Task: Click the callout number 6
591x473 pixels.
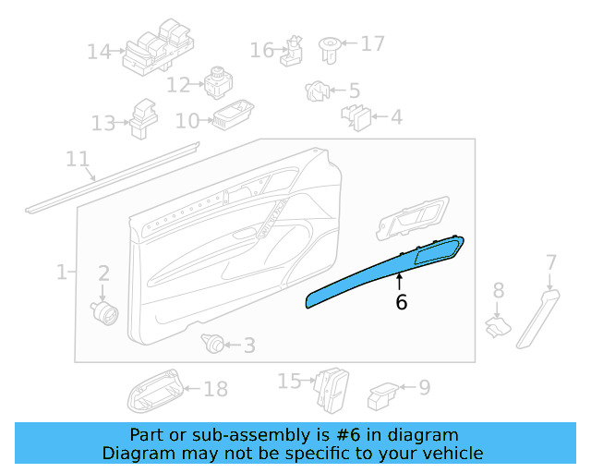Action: [x=401, y=301]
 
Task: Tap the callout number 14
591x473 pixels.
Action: [x=99, y=52]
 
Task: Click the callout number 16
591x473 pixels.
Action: [x=262, y=49]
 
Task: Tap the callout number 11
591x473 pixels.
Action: [x=78, y=160]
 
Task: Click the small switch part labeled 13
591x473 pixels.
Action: [x=142, y=116]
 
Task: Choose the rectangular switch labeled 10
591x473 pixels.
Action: [x=230, y=115]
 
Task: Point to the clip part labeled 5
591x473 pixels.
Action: [x=318, y=91]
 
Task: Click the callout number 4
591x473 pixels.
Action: [x=395, y=117]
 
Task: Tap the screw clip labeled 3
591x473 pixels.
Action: [x=214, y=345]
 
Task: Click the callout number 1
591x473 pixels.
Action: [x=62, y=273]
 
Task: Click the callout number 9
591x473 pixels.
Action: [x=424, y=387]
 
